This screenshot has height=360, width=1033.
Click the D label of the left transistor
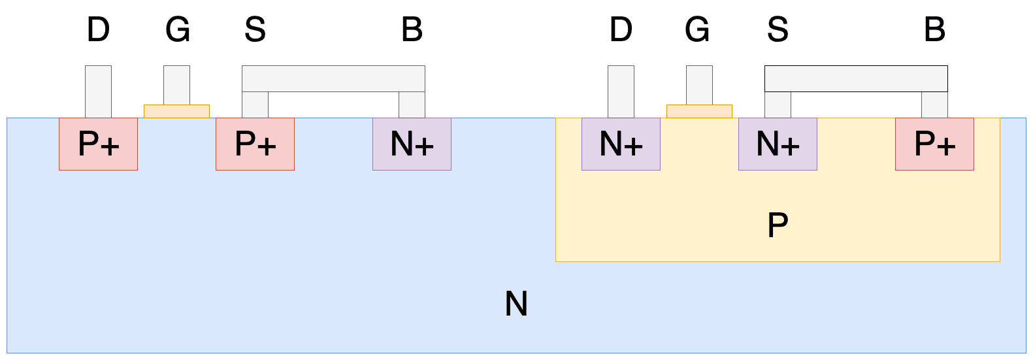coord(98,29)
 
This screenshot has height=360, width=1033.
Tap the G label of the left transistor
coord(178,29)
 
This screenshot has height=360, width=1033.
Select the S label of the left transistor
coord(255,29)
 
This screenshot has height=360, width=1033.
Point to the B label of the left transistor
coord(412,29)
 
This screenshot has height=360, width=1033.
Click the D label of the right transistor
coord(621,29)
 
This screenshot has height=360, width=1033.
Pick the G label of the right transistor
coord(697,29)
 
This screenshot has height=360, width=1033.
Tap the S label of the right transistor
coord(778,29)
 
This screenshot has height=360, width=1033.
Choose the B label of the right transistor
coord(935,29)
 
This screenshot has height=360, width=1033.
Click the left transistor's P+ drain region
coord(98,144)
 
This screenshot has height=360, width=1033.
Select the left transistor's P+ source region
coord(255,144)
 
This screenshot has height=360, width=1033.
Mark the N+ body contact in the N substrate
coord(412,144)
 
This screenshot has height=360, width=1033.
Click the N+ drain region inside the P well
coord(621,144)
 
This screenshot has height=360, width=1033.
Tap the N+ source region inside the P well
coord(778,144)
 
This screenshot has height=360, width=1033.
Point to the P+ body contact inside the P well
coord(934,144)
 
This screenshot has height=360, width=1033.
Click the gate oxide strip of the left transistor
coord(176,112)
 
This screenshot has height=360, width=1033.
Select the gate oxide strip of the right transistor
coord(699,112)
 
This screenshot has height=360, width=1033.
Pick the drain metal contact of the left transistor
coord(98,91)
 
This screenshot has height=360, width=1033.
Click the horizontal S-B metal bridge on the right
coord(856,79)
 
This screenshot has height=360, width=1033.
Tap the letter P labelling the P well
coord(778,225)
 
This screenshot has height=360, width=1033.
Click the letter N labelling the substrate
coord(516,304)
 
